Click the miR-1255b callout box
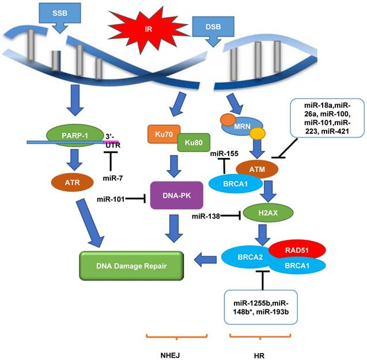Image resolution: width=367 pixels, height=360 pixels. (x=262, y=305)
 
